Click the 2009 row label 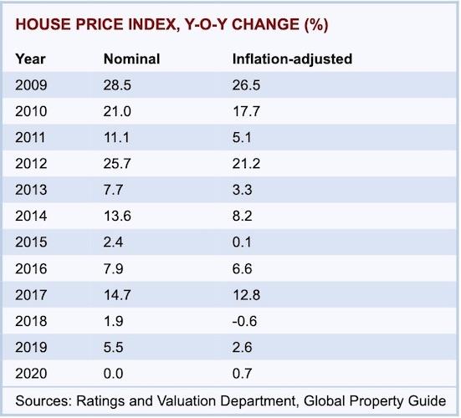(32, 84)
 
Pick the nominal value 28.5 (116, 84)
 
